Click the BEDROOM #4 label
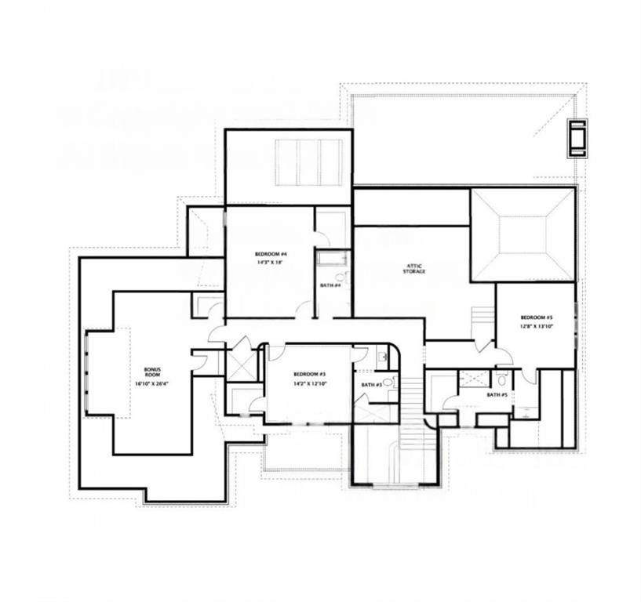271,254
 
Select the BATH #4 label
330,285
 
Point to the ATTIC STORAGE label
414,267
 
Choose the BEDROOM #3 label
310,374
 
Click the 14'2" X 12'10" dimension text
310,384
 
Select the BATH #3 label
371,385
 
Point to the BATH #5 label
497,395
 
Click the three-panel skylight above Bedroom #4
308,162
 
